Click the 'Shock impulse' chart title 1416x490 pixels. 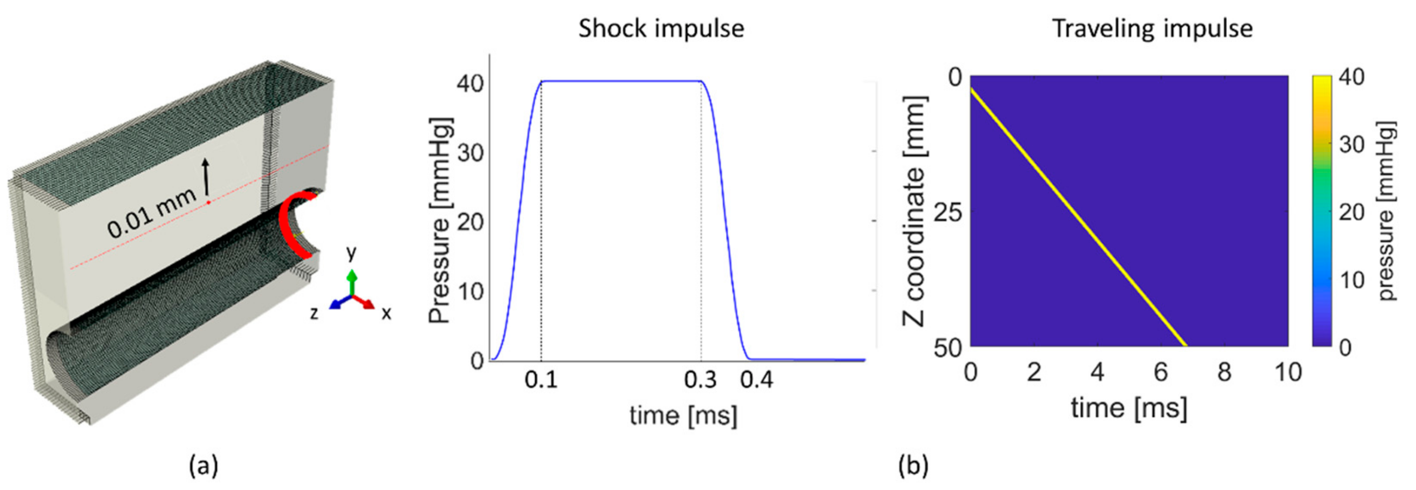pos(661,28)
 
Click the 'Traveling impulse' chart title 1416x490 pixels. pos(1152,28)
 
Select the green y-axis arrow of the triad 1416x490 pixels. pos(352,281)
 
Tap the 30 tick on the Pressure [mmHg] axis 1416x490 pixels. pos(471,153)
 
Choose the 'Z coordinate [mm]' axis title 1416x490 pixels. pos(914,211)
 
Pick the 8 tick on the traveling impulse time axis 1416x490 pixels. pos(1224,372)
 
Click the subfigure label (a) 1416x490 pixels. pos(203,466)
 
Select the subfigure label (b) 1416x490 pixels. pos(913,466)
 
